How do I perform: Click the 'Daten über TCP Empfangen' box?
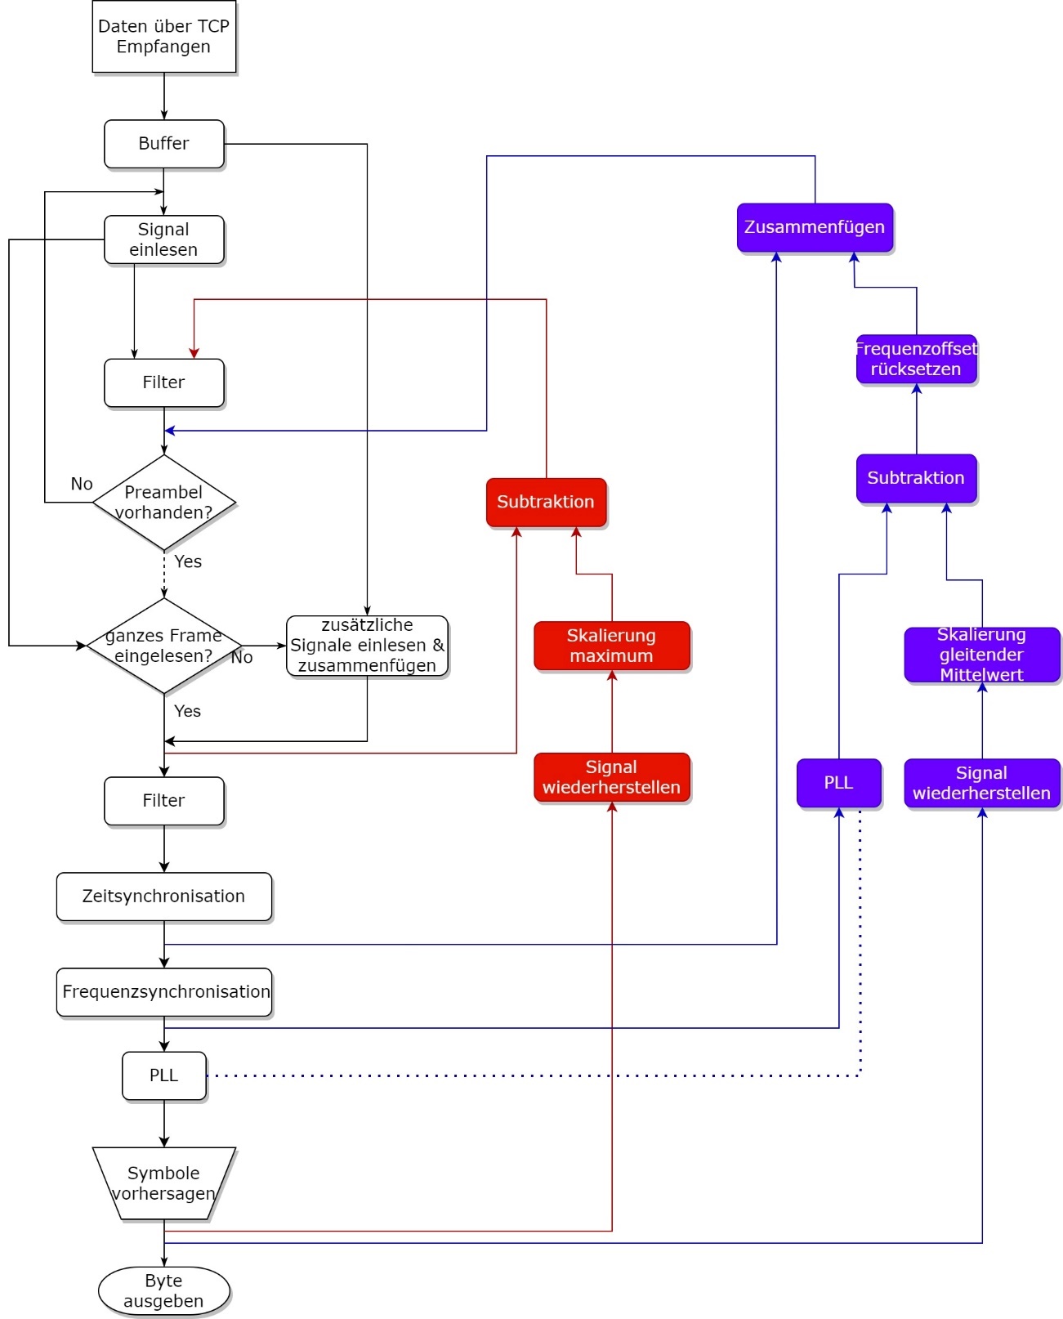pyautogui.click(x=163, y=37)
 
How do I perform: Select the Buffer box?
pyautogui.click(x=163, y=144)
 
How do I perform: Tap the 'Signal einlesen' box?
pyautogui.click(x=163, y=239)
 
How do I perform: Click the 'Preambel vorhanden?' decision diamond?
pyautogui.click(x=163, y=502)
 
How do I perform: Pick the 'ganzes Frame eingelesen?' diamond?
pyautogui.click(x=163, y=646)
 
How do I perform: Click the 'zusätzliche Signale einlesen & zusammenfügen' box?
pyautogui.click(x=367, y=646)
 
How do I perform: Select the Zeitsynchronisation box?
pyautogui.click(x=163, y=896)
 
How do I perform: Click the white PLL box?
pyautogui.click(x=163, y=1075)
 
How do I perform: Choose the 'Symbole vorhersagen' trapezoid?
pyautogui.click(x=163, y=1183)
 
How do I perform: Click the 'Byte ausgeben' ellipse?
pyautogui.click(x=163, y=1291)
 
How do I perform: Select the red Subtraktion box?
pyautogui.click(x=546, y=502)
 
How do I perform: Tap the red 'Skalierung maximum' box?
pyautogui.click(x=611, y=646)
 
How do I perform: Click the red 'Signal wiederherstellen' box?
pyautogui.click(x=611, y=777)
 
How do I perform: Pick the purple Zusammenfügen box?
pyautogui.click(x=815, y=227)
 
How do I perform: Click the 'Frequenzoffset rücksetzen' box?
pyautogui.click(x=916, y=359)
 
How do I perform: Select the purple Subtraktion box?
pyautogui.click(x=916, y=478)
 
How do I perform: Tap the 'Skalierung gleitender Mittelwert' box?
pyautogui.click(x=981, y=655)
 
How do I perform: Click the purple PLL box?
pyautogui.click(x=838, y=783)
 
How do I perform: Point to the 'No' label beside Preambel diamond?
pyautogui.click(x=82, y=484)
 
